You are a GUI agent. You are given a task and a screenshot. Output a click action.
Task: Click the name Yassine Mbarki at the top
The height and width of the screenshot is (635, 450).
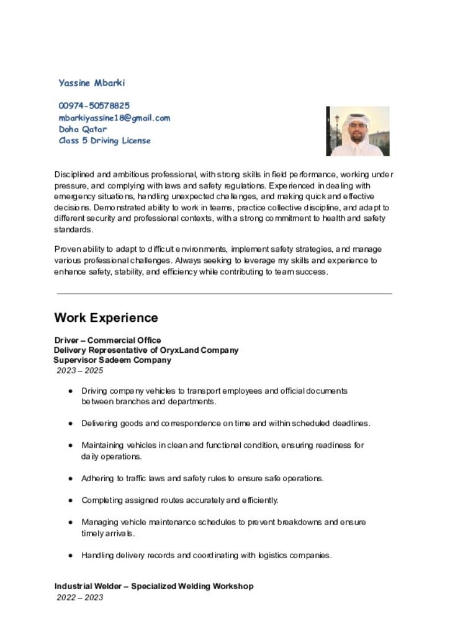92,83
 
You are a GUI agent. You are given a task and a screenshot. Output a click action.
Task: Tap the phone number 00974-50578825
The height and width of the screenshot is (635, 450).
94,106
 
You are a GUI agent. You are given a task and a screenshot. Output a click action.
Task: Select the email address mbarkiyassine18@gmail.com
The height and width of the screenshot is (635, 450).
114,118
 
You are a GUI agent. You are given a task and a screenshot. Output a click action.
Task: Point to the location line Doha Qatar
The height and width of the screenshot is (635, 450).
83,130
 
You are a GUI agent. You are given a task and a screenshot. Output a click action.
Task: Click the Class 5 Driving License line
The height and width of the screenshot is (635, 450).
104,141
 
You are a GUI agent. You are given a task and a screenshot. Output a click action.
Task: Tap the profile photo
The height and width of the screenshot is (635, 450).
358,131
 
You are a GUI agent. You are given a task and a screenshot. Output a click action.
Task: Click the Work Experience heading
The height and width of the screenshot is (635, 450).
106,318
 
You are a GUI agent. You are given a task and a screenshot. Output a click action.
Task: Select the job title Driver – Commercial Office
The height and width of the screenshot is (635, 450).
107,340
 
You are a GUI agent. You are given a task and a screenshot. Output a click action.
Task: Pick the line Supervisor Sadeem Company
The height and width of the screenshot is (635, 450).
112,360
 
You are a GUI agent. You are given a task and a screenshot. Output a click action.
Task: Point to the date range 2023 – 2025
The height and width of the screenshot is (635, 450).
80,371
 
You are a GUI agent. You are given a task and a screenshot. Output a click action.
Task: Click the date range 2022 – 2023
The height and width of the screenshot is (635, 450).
80,598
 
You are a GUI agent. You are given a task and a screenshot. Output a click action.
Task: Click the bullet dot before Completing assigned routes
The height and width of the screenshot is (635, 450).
71,500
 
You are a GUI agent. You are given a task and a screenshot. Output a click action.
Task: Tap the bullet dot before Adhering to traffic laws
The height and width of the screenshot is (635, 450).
71,479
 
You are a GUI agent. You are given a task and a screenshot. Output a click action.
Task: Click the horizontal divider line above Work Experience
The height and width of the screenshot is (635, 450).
224,294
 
